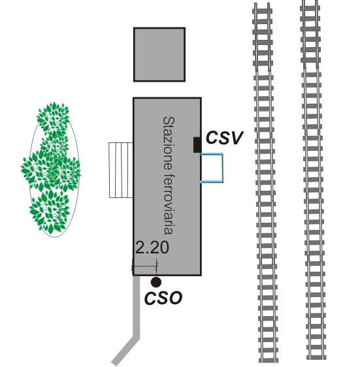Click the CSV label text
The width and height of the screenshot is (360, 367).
coord(224,138)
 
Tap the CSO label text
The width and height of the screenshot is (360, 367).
coord(163,298)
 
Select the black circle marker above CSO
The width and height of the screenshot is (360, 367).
coord(155,282)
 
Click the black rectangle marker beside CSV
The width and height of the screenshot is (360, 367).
coord(197,145)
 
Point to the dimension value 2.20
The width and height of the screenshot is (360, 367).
coord(152,247)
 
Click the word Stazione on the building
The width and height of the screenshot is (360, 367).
coord(169,144)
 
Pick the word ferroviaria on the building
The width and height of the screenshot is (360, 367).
coord(169,204)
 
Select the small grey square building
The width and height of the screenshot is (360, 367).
coord(159,55)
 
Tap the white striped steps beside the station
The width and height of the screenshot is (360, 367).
coord(121,170)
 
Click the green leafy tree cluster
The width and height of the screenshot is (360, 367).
coord(52,168)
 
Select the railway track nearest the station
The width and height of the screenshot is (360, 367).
coord(265,183)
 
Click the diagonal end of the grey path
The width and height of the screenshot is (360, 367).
coord(125,351)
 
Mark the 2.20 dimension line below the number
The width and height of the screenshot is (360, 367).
coord(145,266)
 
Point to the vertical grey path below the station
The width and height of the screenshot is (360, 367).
coord(137,307)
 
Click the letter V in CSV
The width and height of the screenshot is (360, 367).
coord(237,138)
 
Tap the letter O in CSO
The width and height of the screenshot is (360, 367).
coord(175,298)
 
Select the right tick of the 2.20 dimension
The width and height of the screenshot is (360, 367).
coord(157,266)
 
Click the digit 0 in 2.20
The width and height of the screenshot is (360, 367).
coord(164,247)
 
